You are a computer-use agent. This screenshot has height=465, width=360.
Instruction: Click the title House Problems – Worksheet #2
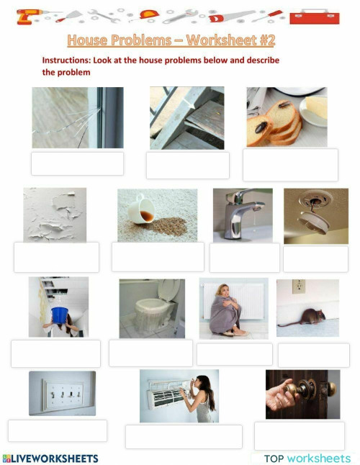point(171,40)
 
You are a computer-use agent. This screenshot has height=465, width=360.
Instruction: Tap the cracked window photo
point(77,117)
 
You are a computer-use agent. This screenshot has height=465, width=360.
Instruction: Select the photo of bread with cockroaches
point(287,117)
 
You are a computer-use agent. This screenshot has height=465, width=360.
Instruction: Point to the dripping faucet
point(243,214)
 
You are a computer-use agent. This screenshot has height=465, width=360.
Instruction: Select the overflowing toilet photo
point(151,309)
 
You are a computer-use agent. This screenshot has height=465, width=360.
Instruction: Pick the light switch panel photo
point(62,393)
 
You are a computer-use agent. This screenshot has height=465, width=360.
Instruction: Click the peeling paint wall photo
point(55,215)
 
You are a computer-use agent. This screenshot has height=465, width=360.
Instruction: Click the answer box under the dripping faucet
point(244,257)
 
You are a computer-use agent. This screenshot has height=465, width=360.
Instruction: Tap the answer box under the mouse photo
point(313,354)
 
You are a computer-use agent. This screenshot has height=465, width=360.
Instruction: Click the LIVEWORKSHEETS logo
point(50,458)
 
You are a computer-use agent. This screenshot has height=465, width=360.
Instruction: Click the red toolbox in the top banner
point(319,15)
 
